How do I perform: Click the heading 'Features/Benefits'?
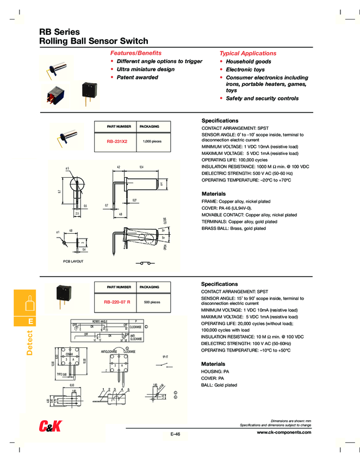pos(136,53)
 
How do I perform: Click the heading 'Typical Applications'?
pos(247,53)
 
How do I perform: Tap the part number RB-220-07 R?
pos(117,302)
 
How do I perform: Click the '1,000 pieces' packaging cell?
pos(152,141)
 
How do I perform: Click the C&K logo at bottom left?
pos(52,426)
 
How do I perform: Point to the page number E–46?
pos(175,434)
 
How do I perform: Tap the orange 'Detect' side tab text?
pos(30,342)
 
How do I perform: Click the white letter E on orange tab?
pos(30,322)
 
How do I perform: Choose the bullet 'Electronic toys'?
pos(245,70)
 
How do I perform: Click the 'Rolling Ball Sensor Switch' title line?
pos(94,41)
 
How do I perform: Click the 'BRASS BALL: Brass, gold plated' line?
pos(234,228)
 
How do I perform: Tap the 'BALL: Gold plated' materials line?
pos(220,385)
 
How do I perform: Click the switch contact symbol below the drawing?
pos(146,264)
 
